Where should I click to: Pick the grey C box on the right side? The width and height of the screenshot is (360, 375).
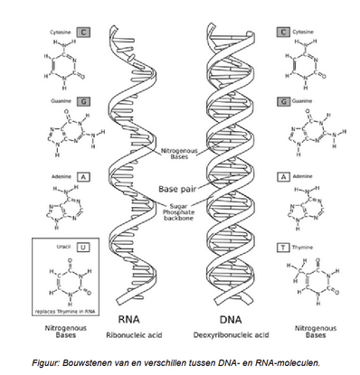(x=284, y=33)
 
